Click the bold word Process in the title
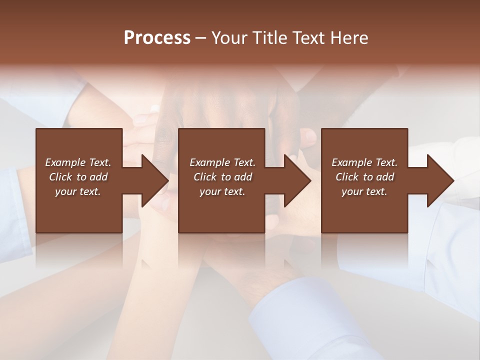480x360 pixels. pos(157,38)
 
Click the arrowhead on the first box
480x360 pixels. pos(154,181)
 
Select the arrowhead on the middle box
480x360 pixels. pos(296,181)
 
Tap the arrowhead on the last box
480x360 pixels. pos(439,181)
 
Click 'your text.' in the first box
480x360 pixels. pos(78,191)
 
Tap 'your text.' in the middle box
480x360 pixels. pos(222,191)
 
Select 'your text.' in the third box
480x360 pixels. pos(364,191)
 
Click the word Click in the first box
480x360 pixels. pos(60,177)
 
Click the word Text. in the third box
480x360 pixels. pos(386,162)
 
